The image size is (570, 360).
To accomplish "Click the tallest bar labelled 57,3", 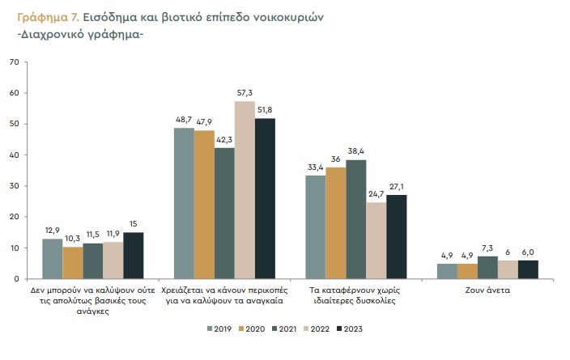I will (245, 190).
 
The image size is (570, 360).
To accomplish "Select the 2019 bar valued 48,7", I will (184, 203).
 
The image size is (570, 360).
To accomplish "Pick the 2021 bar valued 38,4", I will (355, 219).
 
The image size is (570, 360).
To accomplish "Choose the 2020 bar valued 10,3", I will (73, 263).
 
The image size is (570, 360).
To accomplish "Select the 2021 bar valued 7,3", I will (487, 268).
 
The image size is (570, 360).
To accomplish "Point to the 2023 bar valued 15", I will (133, 256).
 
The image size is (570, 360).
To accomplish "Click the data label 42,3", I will (224, 140).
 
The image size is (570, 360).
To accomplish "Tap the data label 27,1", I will (397, 187).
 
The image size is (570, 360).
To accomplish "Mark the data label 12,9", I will (52, 231).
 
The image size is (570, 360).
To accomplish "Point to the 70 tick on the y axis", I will (14, 62).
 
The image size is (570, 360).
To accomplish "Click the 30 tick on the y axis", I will (14, 186).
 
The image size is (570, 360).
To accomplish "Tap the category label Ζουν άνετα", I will (487, 289).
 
